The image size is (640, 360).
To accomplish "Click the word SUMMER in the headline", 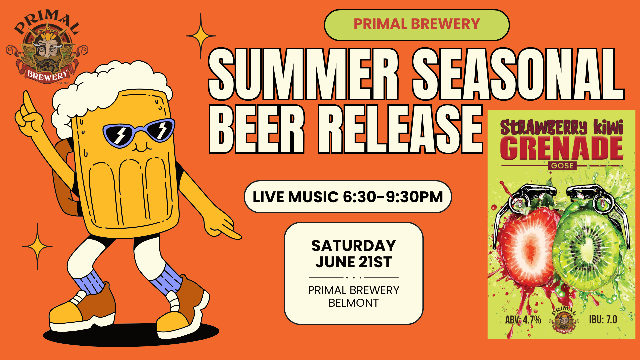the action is tap(304, 74).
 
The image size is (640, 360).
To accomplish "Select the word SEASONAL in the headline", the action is tap(518, 74).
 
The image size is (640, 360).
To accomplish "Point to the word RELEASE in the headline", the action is tap(400, 129).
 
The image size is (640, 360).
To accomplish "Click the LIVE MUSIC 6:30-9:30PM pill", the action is tap(348, 197).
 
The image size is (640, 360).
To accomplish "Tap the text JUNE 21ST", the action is tap(354, 262).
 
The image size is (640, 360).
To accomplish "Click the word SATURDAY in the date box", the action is tap(354, 246).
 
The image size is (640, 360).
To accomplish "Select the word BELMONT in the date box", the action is tap(354, 303).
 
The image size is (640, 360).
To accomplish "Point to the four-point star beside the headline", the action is tap(201, 36).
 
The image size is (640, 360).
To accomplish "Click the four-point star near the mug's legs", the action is tap(37, 247).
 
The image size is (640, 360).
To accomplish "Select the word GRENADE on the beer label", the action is tap(561, 148).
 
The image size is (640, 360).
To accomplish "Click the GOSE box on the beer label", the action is tap(562, 166).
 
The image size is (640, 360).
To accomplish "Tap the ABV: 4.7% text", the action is tap(523, 320).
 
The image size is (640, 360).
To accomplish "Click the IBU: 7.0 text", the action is tap(603, 319).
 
